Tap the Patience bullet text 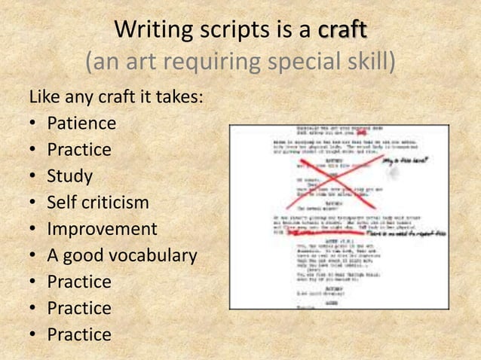pos(81,124)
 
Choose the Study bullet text pos(70,176)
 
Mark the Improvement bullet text pos(102,229)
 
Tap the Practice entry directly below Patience pos(79,150)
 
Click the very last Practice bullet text pos(79,334)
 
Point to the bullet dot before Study pos(34,177)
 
